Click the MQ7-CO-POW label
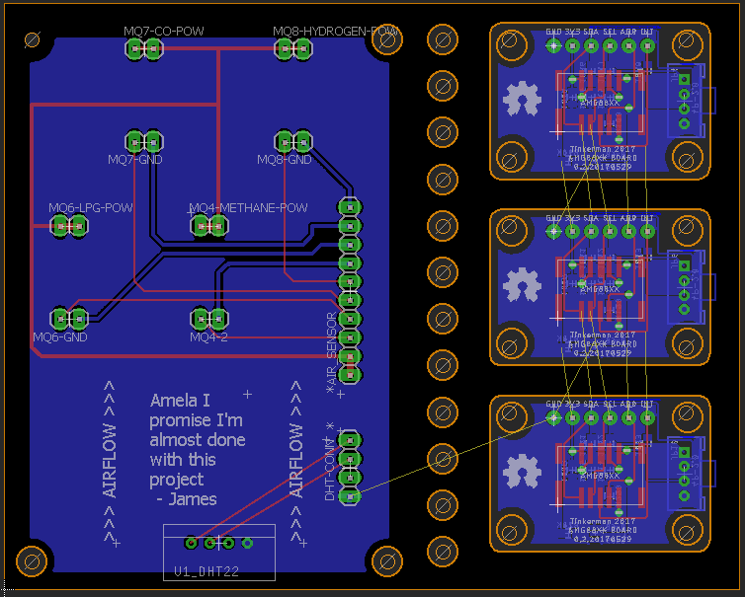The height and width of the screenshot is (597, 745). (164, 32)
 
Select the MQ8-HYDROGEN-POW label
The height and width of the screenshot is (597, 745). (336, 32)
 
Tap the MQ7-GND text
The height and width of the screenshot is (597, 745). (135, 159)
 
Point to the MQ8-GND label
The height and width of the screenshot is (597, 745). (285, 159)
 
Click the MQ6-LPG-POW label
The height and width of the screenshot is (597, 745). (91, 208)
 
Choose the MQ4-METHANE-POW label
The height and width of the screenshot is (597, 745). (248, 208)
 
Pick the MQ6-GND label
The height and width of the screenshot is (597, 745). (60, 336)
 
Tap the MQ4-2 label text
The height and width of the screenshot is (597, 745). (208, 336)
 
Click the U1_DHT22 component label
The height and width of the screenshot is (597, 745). (207, 571)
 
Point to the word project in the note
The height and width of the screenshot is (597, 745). (177, 480)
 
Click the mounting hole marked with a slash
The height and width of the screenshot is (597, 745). (31, 40)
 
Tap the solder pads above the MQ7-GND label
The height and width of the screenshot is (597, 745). (144, 140)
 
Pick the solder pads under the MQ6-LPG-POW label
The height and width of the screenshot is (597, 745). (68, 226)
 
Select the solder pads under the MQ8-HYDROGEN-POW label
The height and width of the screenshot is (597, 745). (292, 48)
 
